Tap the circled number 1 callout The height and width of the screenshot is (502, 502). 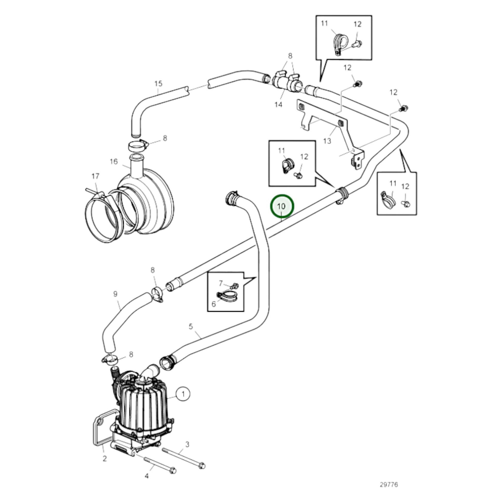[183, 401]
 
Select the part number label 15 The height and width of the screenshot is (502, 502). [158, 84]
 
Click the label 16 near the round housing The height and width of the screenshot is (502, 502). [114, 162]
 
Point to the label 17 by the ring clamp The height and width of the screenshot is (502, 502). [95, 176]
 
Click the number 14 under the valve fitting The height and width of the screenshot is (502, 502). [278, 105]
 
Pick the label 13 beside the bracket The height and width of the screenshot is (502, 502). [327, 141]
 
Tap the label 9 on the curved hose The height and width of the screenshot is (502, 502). [115, 294]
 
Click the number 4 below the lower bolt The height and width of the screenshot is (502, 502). [147, 483]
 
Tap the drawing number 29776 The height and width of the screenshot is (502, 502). [389, 484]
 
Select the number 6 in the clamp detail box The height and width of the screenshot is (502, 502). [214, 304]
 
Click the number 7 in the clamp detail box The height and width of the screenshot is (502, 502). [221, 283]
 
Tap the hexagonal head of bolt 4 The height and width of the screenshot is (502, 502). [173, 478]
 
